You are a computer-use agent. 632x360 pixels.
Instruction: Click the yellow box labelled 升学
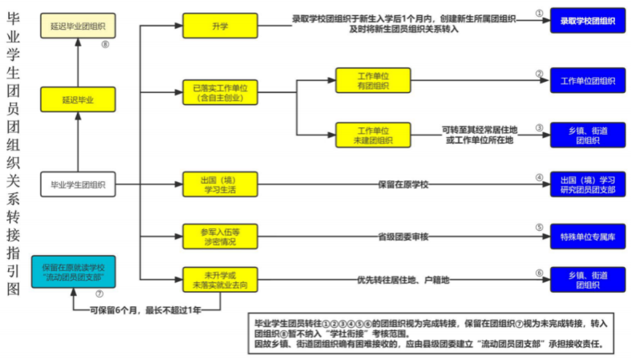(x=220, y=26)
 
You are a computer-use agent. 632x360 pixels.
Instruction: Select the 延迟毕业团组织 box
(x=78, y=27)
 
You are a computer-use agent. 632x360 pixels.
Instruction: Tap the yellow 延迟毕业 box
(x=78, y=99)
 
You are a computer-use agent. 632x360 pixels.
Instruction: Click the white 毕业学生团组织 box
(x=78, y=184)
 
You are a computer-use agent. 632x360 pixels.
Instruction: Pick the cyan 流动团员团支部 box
(x=78, y=270)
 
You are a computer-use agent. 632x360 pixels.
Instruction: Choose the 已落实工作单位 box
(x=220, y=92)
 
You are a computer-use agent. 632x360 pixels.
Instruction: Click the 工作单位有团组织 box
(x=373, y=80)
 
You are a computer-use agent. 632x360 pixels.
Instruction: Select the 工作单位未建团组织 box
(x=373, y=134)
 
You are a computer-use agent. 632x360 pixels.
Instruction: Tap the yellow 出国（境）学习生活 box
(x=220, y=184)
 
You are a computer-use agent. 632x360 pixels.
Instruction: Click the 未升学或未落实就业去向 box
(x=220, y=280)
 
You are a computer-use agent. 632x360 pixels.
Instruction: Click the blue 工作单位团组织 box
(x=588, y=80)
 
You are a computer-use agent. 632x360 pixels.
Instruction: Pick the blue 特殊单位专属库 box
(x=588, y=237)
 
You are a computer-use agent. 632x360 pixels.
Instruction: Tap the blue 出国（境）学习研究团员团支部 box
(x=588, y=184)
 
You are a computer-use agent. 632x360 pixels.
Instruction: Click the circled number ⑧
(x=105, y=45)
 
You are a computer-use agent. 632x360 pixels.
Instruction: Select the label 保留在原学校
(x=403, y=184)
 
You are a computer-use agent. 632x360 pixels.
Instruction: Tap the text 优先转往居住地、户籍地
(x=403, y=280)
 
